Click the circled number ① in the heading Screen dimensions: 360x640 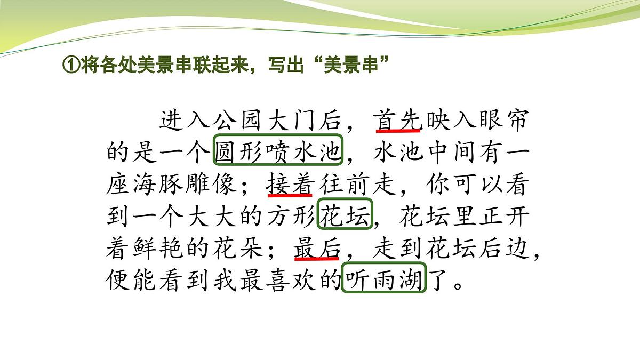tap(71, 66)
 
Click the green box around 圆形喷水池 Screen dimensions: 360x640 tap(278, 153)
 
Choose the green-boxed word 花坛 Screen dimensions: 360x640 tap(345, 217)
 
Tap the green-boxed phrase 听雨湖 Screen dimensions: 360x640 tap(384, 279)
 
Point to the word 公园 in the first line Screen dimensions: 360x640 tap(237, 121)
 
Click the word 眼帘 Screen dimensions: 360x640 tap(502, 121)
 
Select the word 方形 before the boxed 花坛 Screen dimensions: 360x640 tap(291, 217)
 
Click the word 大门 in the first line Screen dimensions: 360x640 tap(291, 121)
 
